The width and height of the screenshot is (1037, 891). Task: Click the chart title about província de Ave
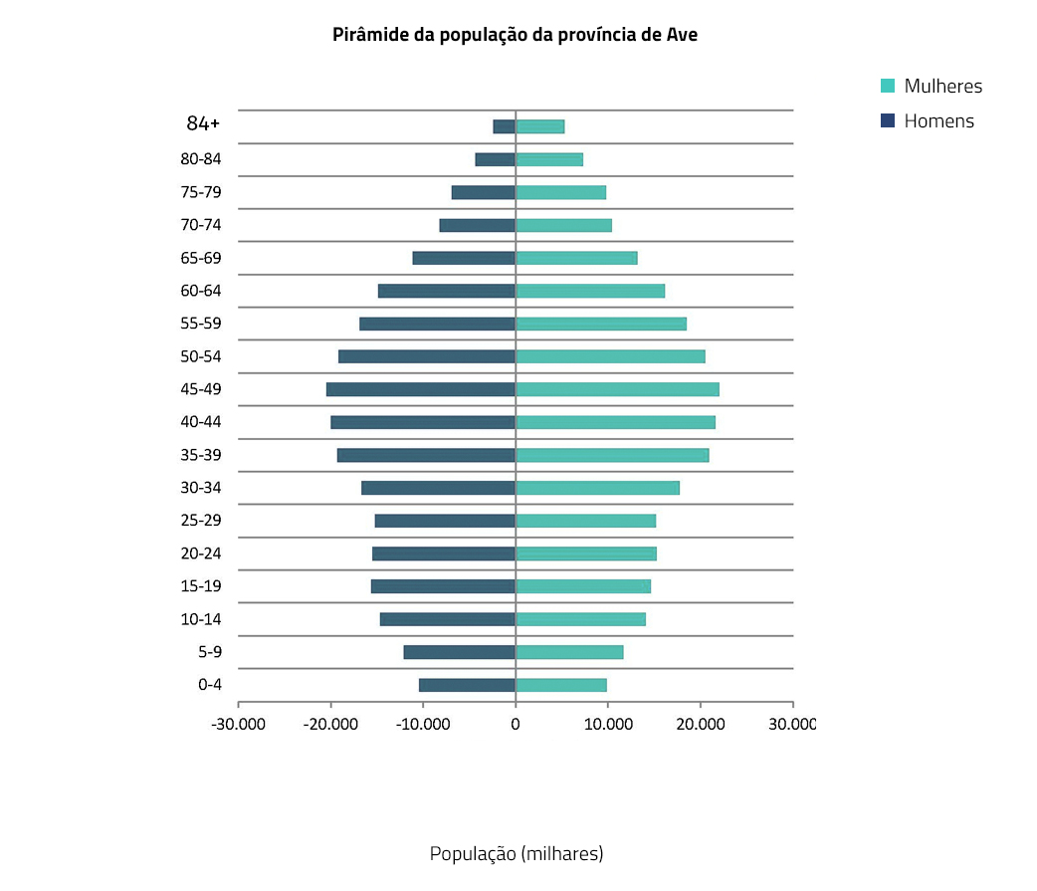[516, 35]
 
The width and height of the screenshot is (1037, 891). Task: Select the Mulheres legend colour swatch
[888, 86]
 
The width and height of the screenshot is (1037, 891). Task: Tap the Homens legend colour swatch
[888, 121]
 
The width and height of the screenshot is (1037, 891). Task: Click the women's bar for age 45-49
[617, 389]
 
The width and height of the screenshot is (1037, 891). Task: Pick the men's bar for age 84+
[505, 126]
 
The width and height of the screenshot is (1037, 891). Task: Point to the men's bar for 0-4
[467, 685]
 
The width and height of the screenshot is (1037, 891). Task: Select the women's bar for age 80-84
[549, 159]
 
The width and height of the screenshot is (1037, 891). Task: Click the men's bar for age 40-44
[423, 422]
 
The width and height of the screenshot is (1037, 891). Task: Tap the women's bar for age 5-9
[569, 652]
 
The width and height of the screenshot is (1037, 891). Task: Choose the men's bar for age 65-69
[464, 258]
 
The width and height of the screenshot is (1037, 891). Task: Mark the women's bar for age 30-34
[597, 488]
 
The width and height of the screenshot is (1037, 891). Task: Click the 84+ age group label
[203, 123]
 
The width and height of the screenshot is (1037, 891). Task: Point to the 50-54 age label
[201, 356]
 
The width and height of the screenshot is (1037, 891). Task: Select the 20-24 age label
[201, 554]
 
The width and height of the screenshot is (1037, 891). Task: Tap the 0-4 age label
[210, 685]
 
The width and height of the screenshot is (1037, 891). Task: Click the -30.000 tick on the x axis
[239, 725]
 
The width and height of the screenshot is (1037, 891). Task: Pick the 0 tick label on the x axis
[516, 725]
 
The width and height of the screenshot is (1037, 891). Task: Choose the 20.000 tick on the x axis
[701, 725]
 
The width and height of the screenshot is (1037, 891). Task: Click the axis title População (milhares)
[517, 854]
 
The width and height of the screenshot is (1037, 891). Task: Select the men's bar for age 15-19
[443, 586]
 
